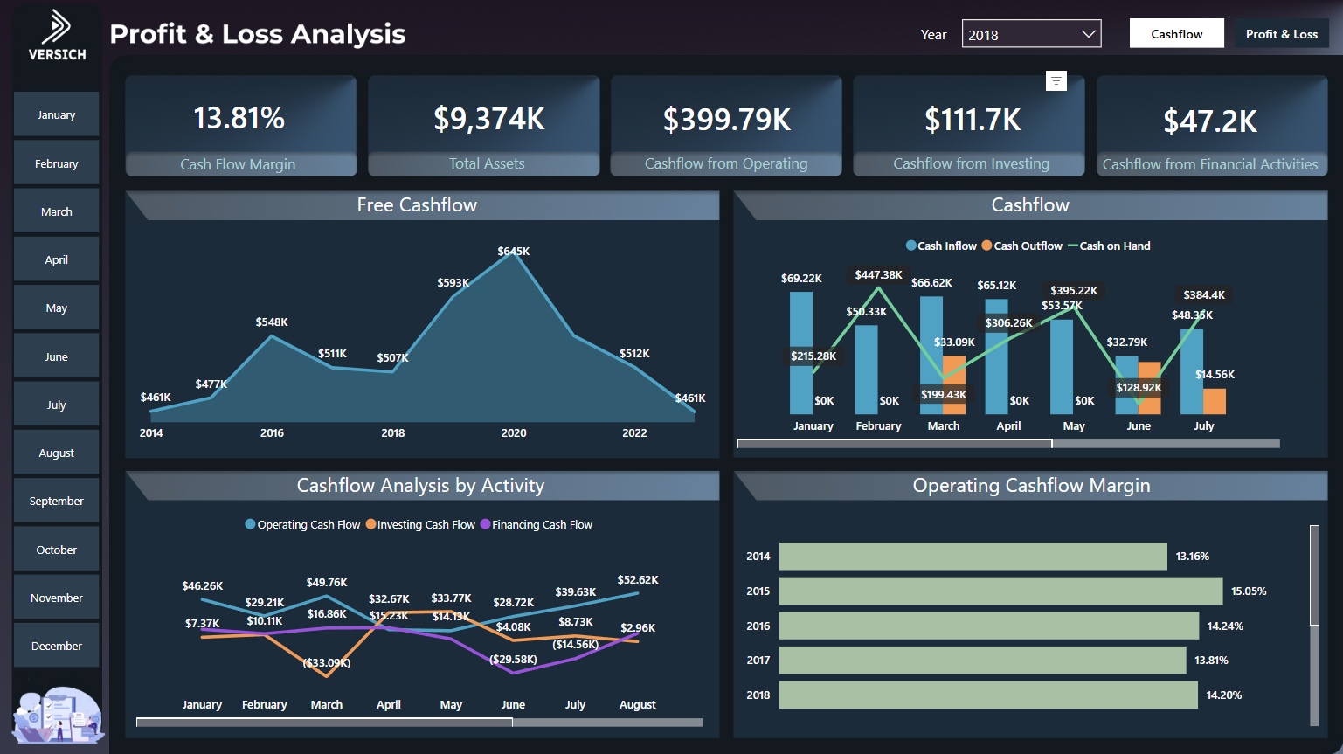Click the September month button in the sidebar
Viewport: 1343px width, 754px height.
(x=57, y=502)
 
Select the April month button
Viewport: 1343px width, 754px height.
(x=57, y=260)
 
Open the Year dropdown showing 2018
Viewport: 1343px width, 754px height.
(x=1031, y=35)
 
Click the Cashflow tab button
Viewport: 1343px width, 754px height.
(x=1176, y=34)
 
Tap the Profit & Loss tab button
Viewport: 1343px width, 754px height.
(x=1281, y=34)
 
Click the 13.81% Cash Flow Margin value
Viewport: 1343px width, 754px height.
(x=239, y=118)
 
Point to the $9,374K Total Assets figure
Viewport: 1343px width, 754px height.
(x=488, y=119)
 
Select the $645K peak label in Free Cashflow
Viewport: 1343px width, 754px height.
(x=514, y=252)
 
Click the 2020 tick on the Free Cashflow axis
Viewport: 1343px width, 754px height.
(x=514, y=433)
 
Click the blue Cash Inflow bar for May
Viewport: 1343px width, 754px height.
(x=1062, y=366)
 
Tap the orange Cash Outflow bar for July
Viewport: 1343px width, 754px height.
(x=1215, y=401)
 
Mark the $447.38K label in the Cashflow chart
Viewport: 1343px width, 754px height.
(x=878, y=275)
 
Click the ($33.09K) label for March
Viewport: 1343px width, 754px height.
(x=327, y=663)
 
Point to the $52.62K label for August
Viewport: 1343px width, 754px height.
(x=638, y=580)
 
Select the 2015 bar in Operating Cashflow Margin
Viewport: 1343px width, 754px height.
(x=1000, y=591)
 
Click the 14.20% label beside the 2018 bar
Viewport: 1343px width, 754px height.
(x=1223, y=695)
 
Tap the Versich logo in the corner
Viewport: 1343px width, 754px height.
(x=57, y=36)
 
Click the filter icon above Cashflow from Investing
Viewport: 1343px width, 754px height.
(x=1056, y=81)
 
